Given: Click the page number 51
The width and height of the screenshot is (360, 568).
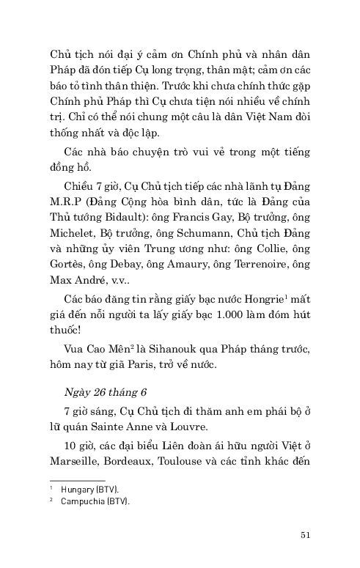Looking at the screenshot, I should point(306,534).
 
